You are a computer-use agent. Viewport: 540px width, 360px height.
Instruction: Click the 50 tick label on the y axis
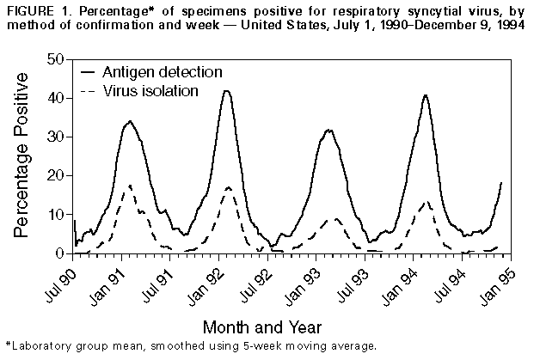tap(57, 59)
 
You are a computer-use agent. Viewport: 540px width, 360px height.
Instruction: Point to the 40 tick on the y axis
tap(57, 98)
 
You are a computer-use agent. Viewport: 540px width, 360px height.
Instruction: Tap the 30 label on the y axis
tap(57, 137)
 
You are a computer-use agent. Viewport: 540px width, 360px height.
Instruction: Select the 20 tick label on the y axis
tap(57, 176)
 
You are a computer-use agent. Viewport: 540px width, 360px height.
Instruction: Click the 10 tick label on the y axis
tap(57, 215)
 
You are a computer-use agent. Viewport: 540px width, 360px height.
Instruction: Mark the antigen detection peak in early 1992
tap(226, 91)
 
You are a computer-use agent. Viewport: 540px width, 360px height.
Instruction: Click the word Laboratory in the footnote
tap(40, 346)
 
